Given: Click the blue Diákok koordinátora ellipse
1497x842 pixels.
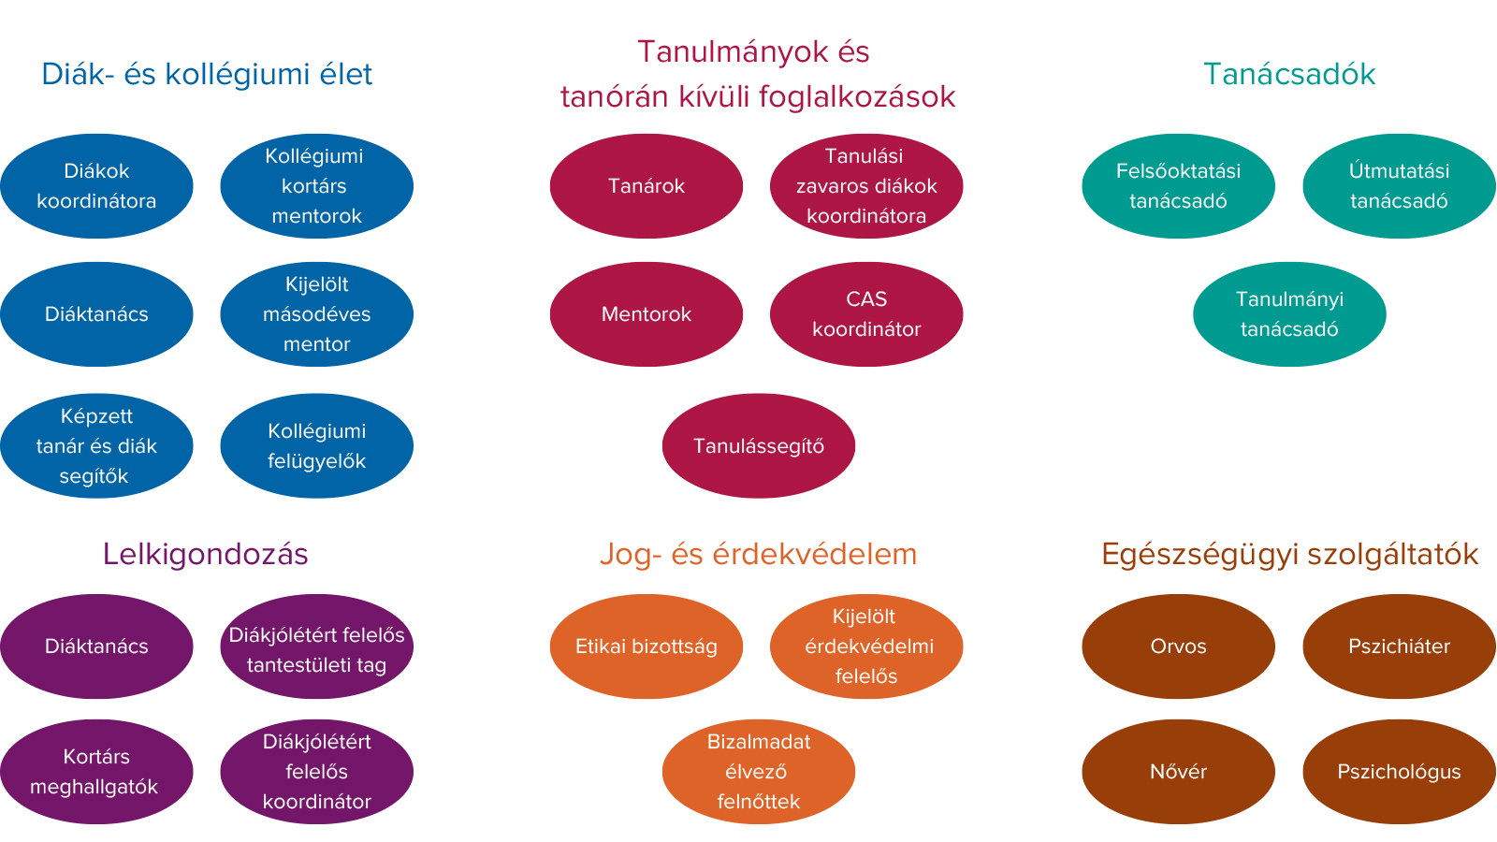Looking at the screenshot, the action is coord(97,186).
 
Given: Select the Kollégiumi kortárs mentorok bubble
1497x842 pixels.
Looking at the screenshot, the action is coord(317,186).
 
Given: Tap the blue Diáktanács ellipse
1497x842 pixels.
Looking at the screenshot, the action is coord(97,314).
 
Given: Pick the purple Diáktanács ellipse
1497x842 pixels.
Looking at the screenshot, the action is coord(97,646).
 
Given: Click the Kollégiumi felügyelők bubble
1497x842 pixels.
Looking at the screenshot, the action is coord(317,445).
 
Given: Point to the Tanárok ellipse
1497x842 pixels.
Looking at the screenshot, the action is coord(647,186).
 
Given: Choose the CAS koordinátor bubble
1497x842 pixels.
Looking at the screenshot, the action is coord(866,314).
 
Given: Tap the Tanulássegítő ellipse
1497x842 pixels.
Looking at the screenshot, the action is coord(759,445).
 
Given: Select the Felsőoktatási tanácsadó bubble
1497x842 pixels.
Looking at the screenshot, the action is coord(1178,186).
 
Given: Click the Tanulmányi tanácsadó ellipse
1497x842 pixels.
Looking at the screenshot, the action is coord(1289,314).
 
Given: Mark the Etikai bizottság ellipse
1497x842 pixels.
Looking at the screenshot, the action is coord(647,646).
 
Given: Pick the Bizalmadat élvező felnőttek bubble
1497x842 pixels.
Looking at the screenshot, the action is coord(759,772).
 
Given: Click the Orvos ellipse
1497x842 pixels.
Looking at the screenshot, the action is coord(1178,646).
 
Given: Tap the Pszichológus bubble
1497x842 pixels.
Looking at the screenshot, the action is coord(1399,772).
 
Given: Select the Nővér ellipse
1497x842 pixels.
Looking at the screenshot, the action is coord(1178,772).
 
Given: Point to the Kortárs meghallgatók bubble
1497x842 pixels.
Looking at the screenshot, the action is coord(97,772).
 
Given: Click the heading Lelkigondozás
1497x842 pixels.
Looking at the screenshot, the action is coord(205,555).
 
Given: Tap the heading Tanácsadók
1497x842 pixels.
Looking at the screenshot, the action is coord(1289,74).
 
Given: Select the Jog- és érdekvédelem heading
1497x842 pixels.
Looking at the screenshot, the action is coord(759,555).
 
